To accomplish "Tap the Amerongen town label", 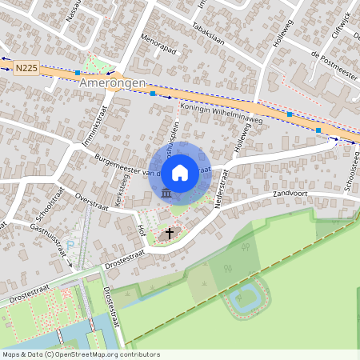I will coord(113,83).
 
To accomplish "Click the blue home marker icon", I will coord(180,172).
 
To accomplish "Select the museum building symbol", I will coord(166,194).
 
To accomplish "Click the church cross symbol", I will coord(169,234).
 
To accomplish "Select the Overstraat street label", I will coord(90,199).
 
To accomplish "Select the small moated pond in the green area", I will coord(248,300).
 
